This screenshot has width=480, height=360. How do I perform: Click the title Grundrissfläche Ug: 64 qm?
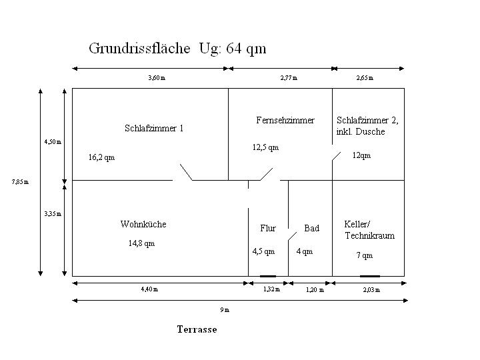point(177,49)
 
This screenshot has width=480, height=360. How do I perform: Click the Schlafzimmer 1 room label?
point(154,128)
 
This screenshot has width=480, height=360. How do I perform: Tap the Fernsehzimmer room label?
point(285,120)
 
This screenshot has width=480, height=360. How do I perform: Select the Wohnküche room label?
point(143,224)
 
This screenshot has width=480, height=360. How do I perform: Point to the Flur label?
point(268,228)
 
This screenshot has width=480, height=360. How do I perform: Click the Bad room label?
point(312,228)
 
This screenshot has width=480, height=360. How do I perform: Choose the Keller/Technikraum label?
point(370,230)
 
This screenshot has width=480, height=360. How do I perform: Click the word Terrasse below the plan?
point(197,329)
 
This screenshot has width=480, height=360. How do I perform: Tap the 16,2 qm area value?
point(101,158)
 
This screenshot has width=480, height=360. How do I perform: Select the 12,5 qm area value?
point(265,147)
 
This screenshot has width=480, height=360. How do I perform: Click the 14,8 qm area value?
point(141,243)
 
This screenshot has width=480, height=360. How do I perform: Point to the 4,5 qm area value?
point(263,251)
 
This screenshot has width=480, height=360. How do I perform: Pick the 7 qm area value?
point(365,255)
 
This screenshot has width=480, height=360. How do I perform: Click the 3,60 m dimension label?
point(157,78)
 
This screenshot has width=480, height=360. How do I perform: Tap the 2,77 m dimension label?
point(289,78)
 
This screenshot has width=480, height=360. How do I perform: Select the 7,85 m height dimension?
point(20,181)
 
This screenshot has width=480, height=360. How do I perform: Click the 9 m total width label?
point(225,310)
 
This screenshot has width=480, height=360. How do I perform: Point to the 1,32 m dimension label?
point(271,289)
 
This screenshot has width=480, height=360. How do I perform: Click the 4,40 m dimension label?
point(149,289)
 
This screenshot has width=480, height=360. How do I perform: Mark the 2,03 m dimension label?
point(371,289)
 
